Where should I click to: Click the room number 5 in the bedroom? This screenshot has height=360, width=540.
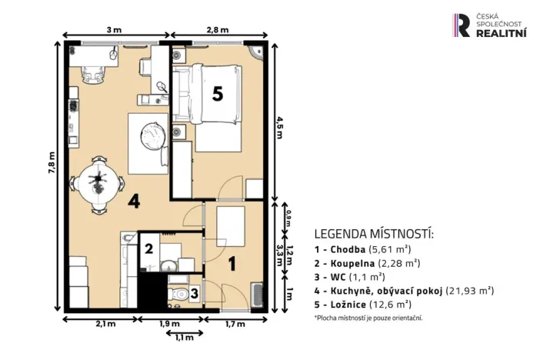218,94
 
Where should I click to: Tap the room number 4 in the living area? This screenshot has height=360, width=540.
134,202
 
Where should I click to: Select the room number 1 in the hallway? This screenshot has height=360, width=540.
233,262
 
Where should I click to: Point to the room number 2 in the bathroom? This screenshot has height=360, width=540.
150,248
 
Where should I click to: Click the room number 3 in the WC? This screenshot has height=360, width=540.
195,292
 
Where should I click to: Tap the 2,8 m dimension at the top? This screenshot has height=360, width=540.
218,30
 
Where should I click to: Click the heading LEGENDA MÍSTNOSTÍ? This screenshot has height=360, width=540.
374,234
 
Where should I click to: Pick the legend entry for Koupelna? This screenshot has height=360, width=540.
367,262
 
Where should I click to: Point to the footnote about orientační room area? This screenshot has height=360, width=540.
368,318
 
